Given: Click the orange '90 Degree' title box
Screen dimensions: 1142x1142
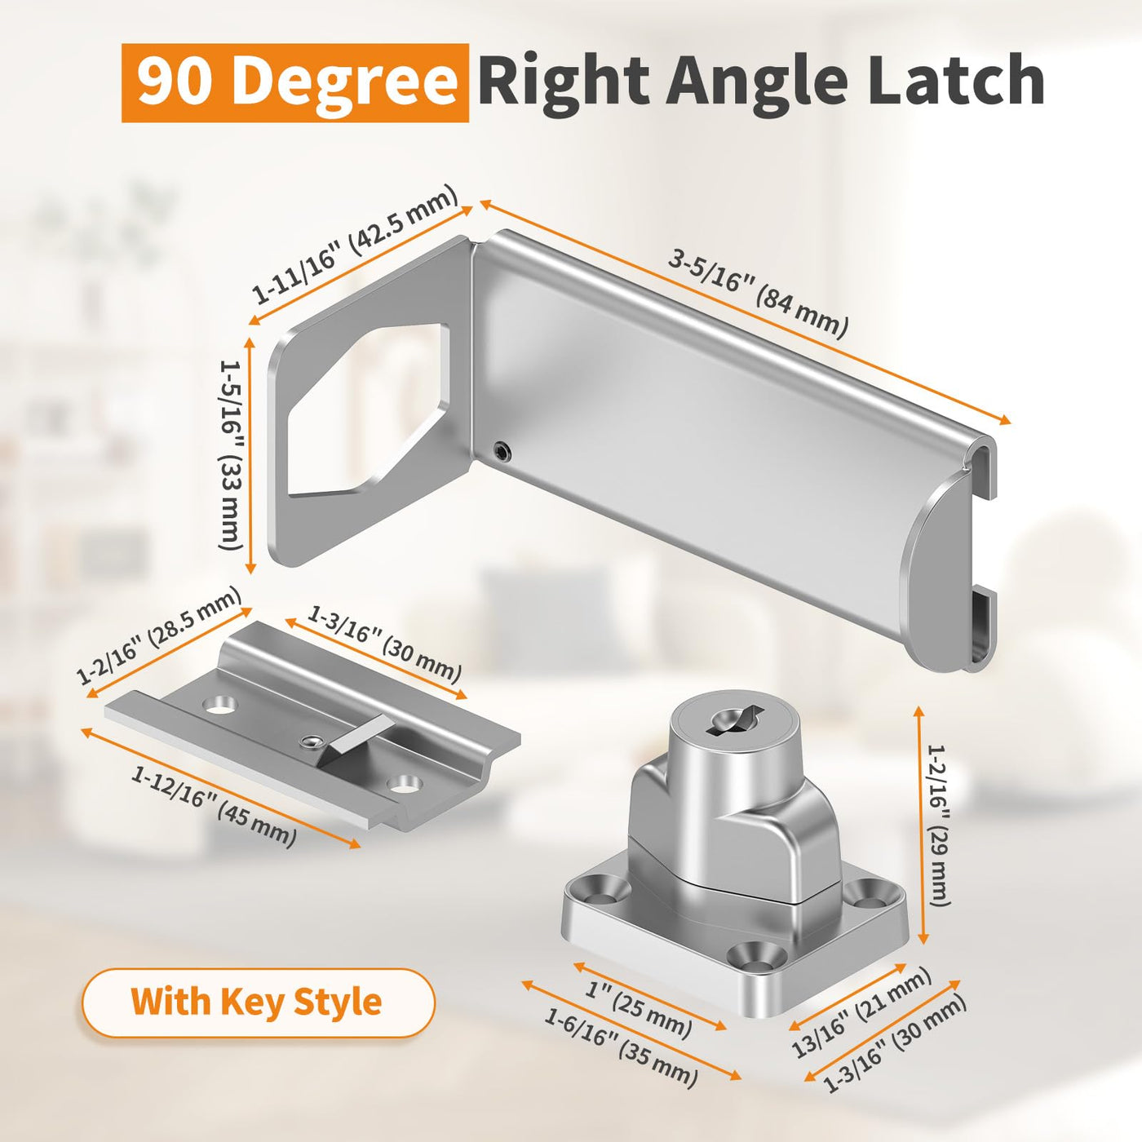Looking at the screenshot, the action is [295, 83].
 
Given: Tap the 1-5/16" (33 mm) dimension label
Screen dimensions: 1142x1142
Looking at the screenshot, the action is [231, 455].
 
